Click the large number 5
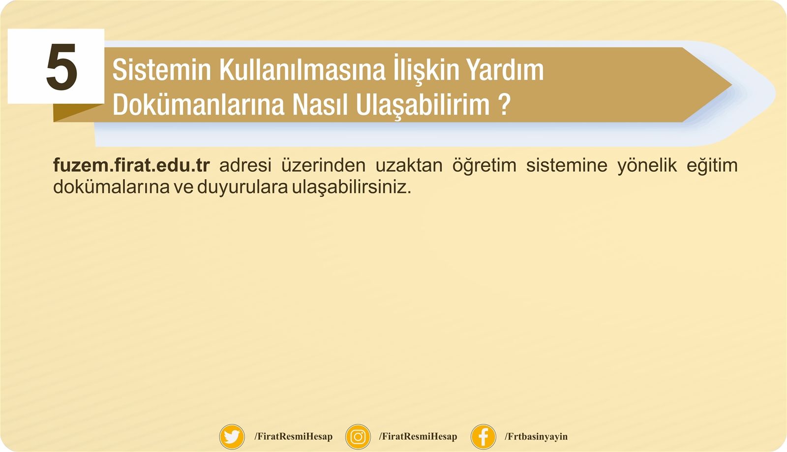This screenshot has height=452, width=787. (62, 66)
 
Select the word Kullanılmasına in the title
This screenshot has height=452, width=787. (302, 70)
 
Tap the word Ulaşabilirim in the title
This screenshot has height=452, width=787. (423, 105)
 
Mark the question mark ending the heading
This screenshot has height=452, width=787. (504, 104)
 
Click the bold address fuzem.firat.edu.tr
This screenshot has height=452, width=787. (131, 165)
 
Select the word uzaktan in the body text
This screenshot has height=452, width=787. (409, 165)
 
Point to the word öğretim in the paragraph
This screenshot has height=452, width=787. (484, 166)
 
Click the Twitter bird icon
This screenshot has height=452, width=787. (232, 437)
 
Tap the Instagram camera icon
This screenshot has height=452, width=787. (358, 437)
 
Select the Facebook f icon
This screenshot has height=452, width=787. (484, 437)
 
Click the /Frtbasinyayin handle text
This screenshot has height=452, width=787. (536, 437)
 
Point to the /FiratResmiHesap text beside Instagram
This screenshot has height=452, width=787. (418, 437)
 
